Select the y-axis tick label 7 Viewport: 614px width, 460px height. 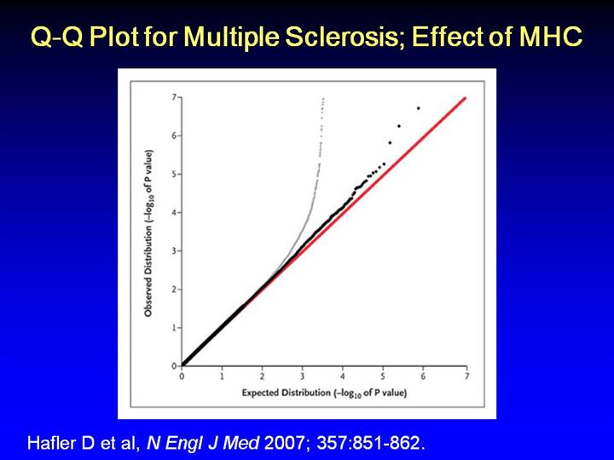click(173, 98)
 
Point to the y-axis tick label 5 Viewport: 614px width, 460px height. click(173, 174)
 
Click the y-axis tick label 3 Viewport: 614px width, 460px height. click(173, 250)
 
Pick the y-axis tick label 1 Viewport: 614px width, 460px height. click(173, 327)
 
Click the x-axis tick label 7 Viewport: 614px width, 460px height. click(466, 376)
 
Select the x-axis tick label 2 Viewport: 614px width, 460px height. click(263, 376)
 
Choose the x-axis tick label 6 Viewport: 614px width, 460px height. click(426, 376)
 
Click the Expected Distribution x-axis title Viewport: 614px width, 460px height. click(323, 393)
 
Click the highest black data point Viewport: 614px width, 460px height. click(419, 108)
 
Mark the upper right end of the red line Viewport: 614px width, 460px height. click(466, 98)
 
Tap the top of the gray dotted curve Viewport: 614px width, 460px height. click(323, 100)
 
